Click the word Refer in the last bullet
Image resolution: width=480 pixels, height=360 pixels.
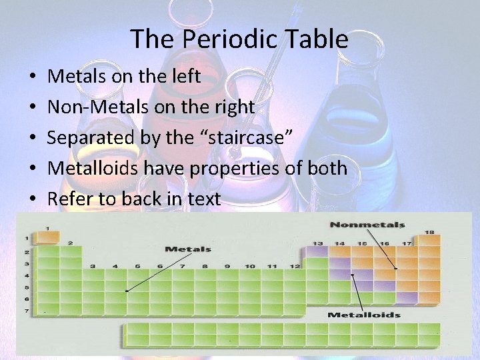[x=70, y=198]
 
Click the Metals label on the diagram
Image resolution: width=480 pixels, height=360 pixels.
[x=187, y=249]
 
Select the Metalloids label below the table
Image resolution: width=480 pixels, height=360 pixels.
[x=364, y=315]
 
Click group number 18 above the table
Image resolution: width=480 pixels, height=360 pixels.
[x=429, y=231]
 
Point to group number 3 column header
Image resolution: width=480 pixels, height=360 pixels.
[x=93, y=266]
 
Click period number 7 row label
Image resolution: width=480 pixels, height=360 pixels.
[x=27, y=311]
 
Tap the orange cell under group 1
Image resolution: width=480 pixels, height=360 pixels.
[x=47, y=238]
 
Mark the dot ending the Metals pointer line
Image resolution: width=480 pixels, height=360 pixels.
[x=126, y=291]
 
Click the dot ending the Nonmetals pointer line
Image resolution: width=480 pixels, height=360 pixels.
[x=397, y=269]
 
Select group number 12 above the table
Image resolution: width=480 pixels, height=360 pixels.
[x=295, y=266]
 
